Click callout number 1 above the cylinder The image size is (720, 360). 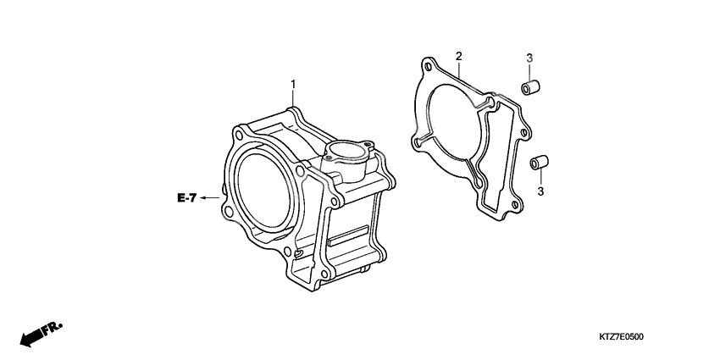click(293, 84)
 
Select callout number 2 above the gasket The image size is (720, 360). click(458, 57)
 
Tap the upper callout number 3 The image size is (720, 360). click(529, 58)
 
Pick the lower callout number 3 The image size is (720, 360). click(540, 193)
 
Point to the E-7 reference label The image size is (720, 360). click(187, 198)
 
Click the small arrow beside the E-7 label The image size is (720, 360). click(208, 198)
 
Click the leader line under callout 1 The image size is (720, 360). click(294, 98)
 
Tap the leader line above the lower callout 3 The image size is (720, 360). click(540, 178)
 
